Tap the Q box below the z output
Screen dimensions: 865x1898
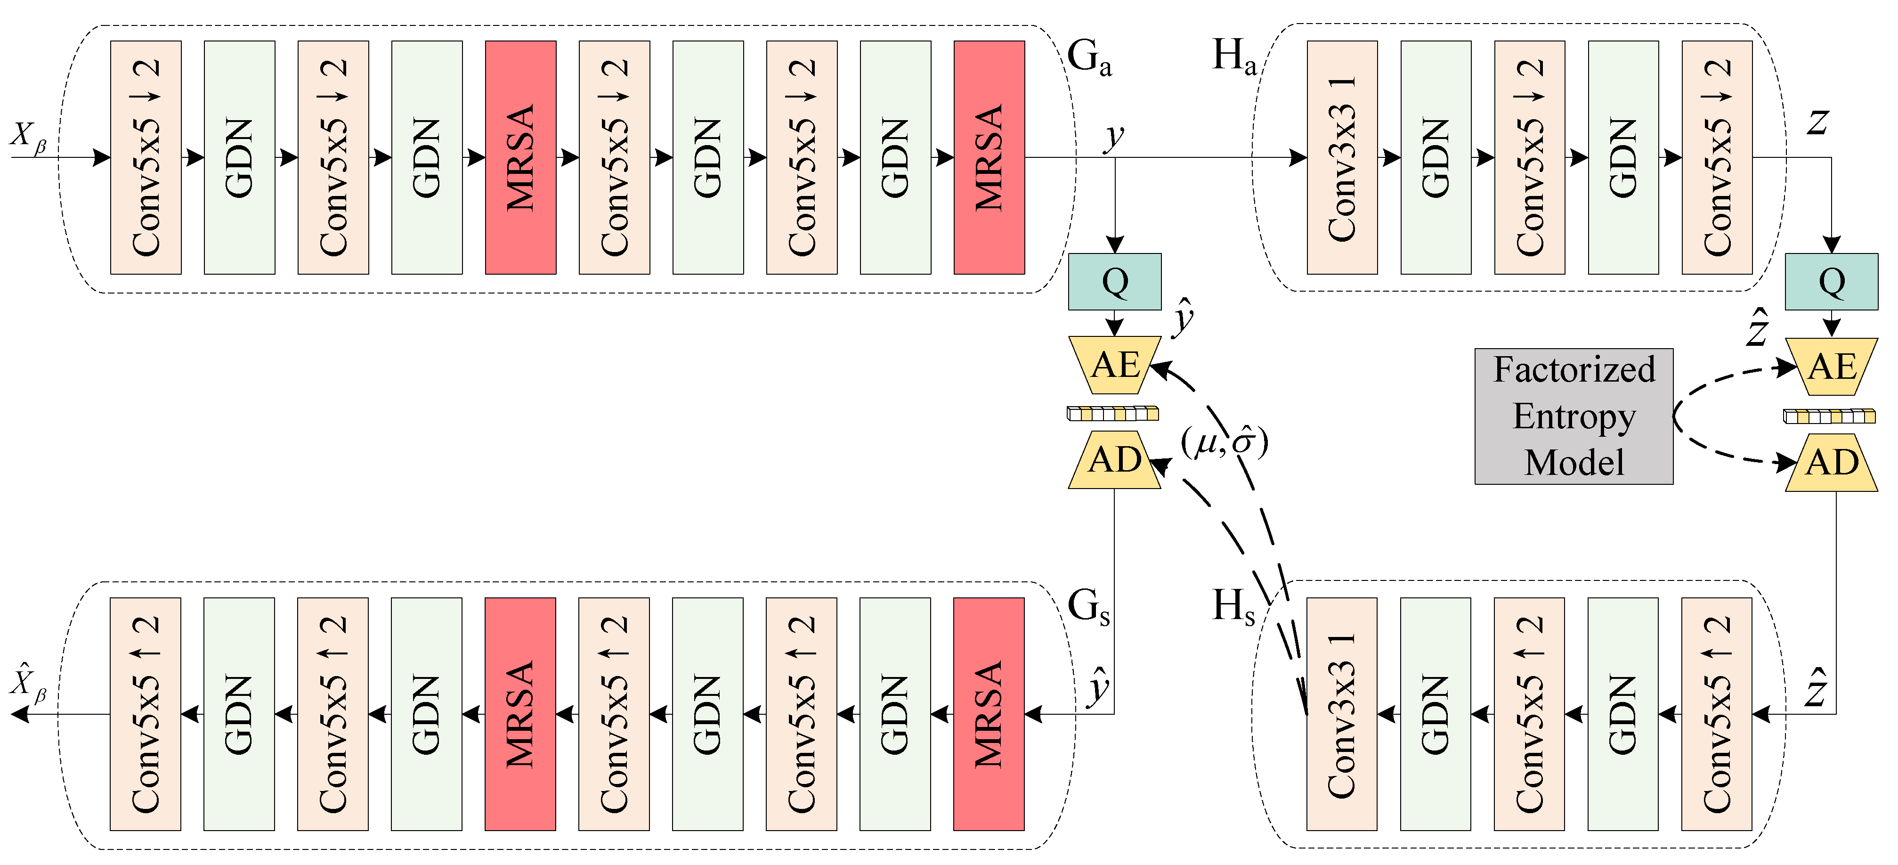coord(1831,281)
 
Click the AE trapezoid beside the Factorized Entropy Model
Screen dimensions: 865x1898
coord(1831,366)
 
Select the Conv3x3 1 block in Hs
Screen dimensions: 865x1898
coord(1342,713)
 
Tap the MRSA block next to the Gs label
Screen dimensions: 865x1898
coord(989,713)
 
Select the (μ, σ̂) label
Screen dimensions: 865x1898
coord(1224,442)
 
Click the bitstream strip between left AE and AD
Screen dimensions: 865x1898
coord(1112,413)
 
